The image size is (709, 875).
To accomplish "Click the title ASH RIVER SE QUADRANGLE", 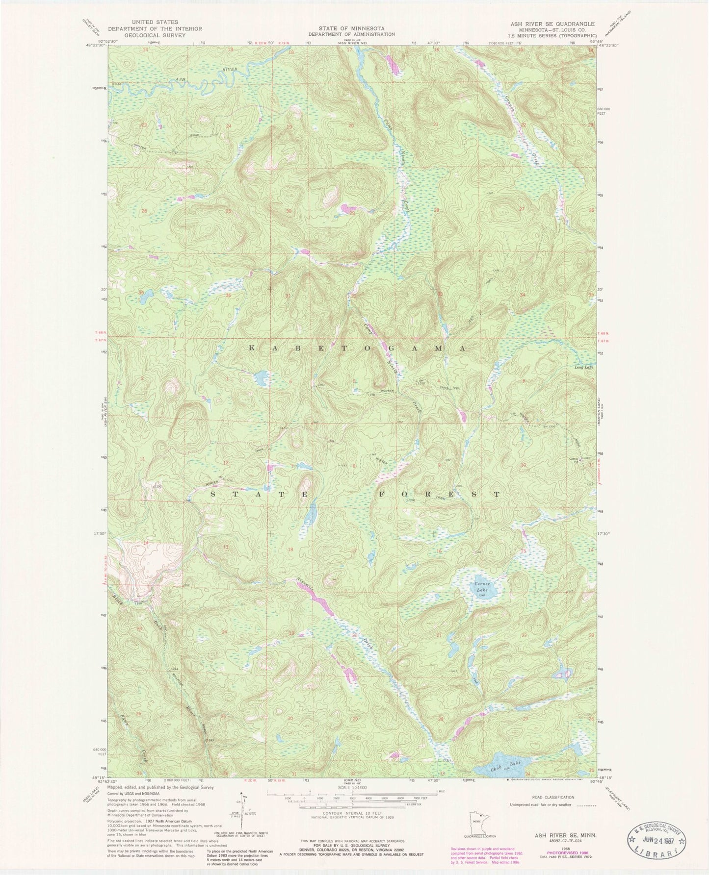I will pos(551,24).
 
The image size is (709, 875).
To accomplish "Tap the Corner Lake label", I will pos(481,587).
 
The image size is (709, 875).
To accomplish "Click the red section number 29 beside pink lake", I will pos(352,213).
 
